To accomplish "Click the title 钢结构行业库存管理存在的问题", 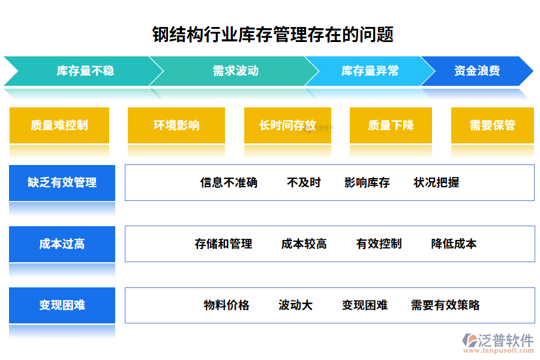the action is [x=273, y=34].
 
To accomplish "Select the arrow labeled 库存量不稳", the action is [x=85, y=71].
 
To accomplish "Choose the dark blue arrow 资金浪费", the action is [x=477, y=71].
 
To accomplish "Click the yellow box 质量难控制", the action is [x=59, y=125].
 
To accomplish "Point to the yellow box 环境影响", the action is [x=176, y=125].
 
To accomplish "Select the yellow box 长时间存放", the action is [x=287, y=125].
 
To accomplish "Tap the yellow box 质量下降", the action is [x=391, y=125].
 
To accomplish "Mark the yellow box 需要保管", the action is [x=493, y=125].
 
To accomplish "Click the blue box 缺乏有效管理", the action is [x=62, y=182].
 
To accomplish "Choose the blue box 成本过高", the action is [x=62, y=244].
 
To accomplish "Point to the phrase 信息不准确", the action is [x=229, y=182].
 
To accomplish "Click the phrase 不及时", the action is [x=304, y=182].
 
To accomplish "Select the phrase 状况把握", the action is [x=436, y=182].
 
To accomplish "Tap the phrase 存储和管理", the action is [x=224, y=244].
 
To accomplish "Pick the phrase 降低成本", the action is [x=454, y=244].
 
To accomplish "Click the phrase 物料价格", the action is [x=226, y=305].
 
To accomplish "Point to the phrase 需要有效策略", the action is [x=445, y=305].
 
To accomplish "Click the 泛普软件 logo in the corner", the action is [x=498, y=343].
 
